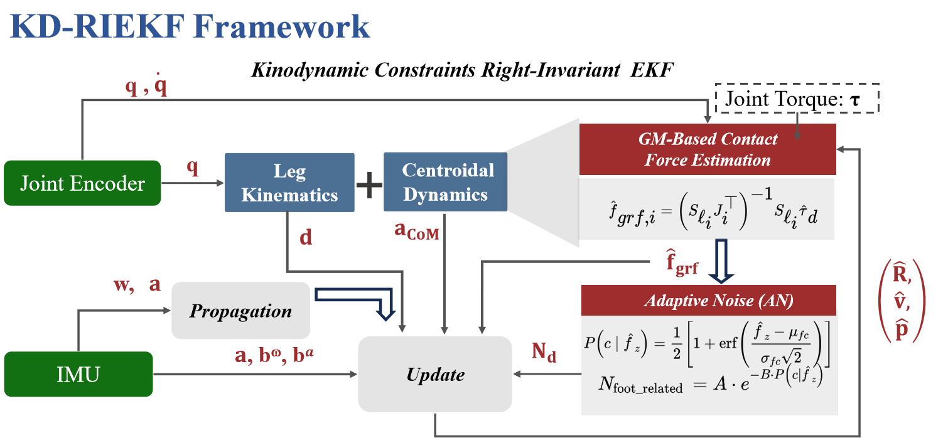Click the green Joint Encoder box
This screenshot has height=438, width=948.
[82, 183]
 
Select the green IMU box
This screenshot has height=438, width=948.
[78, 374]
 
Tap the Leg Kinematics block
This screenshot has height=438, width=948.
[289, 183]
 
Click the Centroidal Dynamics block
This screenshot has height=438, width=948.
[445, 182]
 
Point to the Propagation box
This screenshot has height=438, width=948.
[240, 311]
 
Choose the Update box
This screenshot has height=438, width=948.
[435, 375]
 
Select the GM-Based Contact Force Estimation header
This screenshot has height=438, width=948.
[708, 149]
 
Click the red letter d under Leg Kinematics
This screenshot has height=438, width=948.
[306, 238]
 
